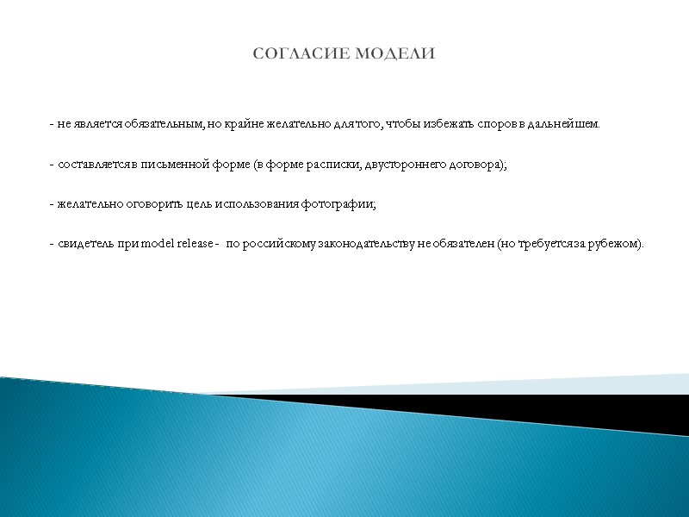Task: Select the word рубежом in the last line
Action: click(616, 245)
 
